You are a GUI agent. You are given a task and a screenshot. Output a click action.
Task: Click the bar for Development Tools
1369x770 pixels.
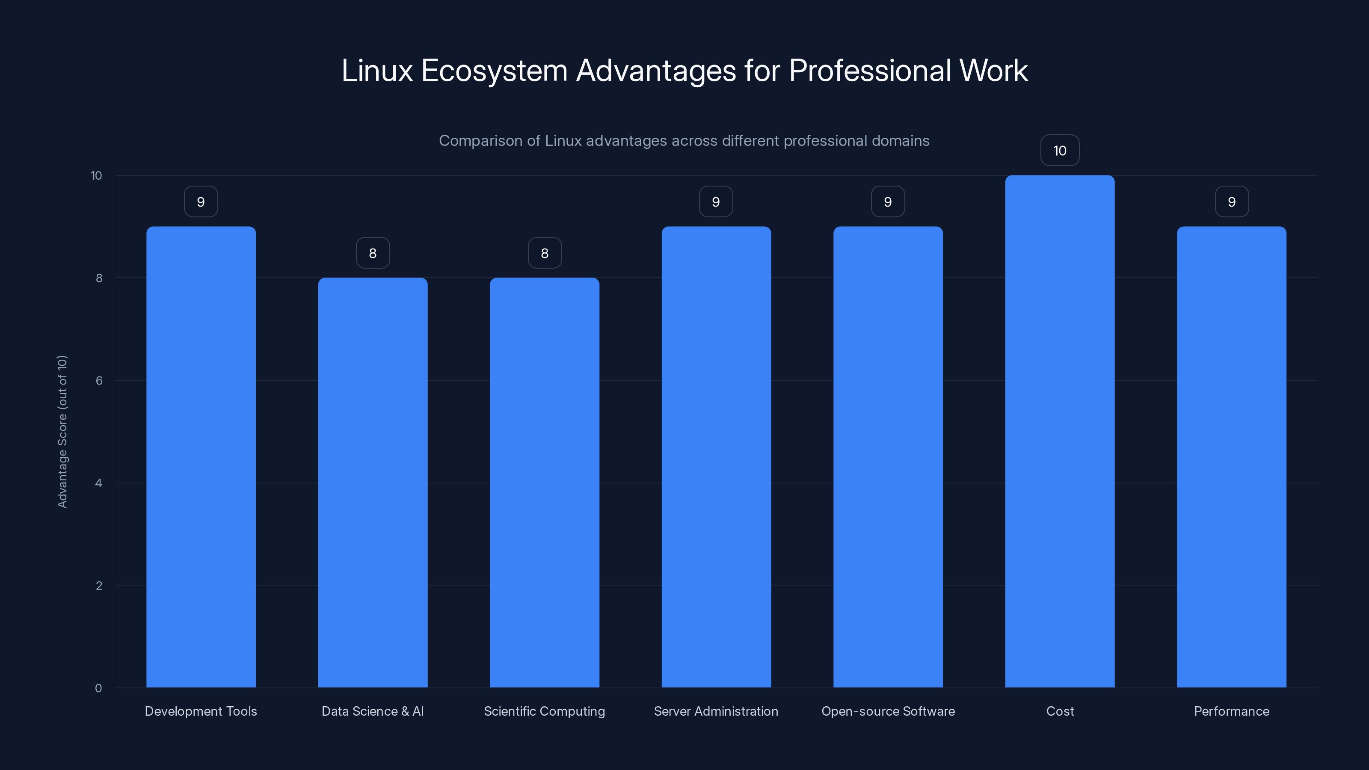click(x=201, y=457)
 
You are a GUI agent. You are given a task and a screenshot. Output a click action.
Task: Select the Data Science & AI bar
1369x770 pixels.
click(x=373, y=483)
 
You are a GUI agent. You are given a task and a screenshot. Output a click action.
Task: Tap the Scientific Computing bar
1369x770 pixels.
click(x=544, y=483)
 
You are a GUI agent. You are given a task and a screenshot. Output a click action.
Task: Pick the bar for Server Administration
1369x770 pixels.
click(x=716, y=457)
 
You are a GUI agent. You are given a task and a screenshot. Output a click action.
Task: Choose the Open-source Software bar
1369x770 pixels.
click(x=888, y=457)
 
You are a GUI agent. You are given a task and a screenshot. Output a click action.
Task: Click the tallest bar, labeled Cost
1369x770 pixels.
click(x=1060, y=432)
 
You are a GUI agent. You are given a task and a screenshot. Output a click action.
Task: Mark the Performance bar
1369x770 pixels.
click(x=1231, y=457)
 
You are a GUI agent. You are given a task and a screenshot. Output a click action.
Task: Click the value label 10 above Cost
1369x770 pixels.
click(x=1060, y=151)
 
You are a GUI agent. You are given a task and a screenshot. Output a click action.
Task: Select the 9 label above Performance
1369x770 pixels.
click(x=1231, y=202)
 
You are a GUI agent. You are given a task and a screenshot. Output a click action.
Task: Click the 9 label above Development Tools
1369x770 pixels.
click(x=201, y=202)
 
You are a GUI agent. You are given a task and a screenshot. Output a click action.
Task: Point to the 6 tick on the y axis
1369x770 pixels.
click(x=99, y=380)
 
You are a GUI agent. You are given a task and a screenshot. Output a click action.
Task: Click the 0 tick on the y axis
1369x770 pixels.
click(x=98, y=688)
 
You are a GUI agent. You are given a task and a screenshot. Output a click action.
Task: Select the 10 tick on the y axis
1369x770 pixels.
click(x=96, y=175)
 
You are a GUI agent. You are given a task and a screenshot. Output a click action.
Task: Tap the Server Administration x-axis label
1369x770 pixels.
click(x=716, y=711)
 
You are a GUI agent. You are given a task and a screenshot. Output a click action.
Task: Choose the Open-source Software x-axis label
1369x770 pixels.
click(x=888, y=711)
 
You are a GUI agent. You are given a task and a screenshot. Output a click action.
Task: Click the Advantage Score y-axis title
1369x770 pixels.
click(x=62, y=432)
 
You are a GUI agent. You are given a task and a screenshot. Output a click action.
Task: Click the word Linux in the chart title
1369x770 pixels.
click(x=377, y=71)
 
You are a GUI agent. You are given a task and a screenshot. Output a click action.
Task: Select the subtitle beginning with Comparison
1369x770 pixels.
click(x=684, y=141)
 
